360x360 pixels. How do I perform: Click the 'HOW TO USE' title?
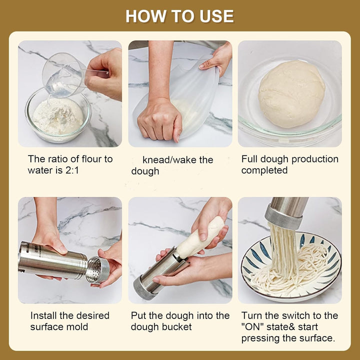tap(179, 16)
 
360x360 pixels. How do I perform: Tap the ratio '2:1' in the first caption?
tap(72, 170)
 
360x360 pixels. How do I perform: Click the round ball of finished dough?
tap(291, 94)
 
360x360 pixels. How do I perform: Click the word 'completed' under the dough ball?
tap(264, 170)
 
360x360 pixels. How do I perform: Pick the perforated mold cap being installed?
tap(97, 269)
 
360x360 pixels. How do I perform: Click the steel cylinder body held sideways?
tap(52, 261)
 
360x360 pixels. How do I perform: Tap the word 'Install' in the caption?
tap(43, 315)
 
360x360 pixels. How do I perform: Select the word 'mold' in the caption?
tap(79, 327)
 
